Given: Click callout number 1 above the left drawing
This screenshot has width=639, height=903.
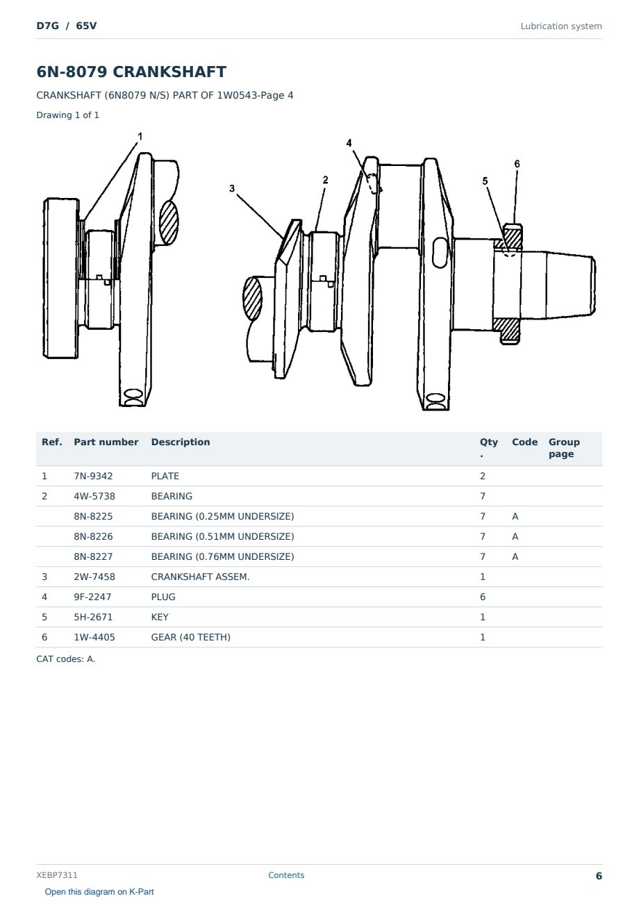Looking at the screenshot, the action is click(x=140, y=137).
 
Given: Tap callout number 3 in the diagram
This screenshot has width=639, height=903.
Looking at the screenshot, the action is click(x=232, y=188).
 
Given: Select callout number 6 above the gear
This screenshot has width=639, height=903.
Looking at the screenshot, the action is click(x=517, y=164).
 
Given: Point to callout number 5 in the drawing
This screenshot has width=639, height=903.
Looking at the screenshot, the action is click(x=485, y=181).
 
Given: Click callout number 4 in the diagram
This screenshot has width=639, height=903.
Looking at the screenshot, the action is click(x=349, y=143).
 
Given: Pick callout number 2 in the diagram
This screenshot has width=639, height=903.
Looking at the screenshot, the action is click(x=325, y=180).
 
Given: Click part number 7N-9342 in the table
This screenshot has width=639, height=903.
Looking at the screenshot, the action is click(x=93, y=476).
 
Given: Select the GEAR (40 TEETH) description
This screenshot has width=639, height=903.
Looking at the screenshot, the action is click(x=191, y=638).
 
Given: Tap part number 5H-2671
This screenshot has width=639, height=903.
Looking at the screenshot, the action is click(x=93, y=618).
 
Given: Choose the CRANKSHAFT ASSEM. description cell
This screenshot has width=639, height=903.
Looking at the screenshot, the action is click(x=200, y=577).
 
